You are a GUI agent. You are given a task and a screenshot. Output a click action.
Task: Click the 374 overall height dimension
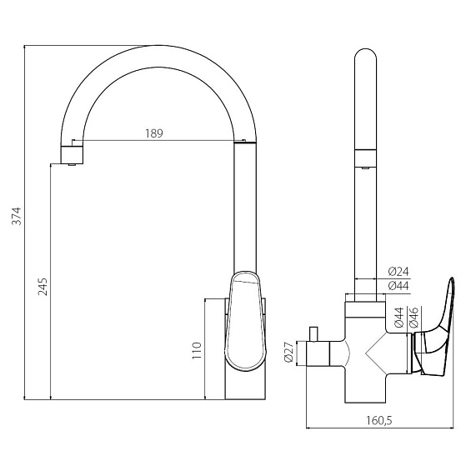(17, 216)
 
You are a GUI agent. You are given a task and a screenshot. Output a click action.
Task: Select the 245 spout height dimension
(43, 287)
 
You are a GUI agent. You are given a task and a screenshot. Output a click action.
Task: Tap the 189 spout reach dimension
(154, 133)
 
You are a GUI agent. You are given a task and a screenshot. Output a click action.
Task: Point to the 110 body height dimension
(197, 350)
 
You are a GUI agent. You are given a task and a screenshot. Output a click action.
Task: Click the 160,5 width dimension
(379, 420)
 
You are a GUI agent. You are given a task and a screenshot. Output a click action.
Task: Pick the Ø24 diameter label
(398, 271)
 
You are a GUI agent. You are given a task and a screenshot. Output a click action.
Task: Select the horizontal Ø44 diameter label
(398, 286)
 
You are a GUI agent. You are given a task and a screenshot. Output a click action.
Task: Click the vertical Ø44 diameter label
(399, 318)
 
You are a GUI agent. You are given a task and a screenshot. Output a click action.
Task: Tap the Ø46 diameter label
(413, 318)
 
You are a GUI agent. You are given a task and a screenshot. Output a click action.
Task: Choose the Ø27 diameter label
(288, 352)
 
